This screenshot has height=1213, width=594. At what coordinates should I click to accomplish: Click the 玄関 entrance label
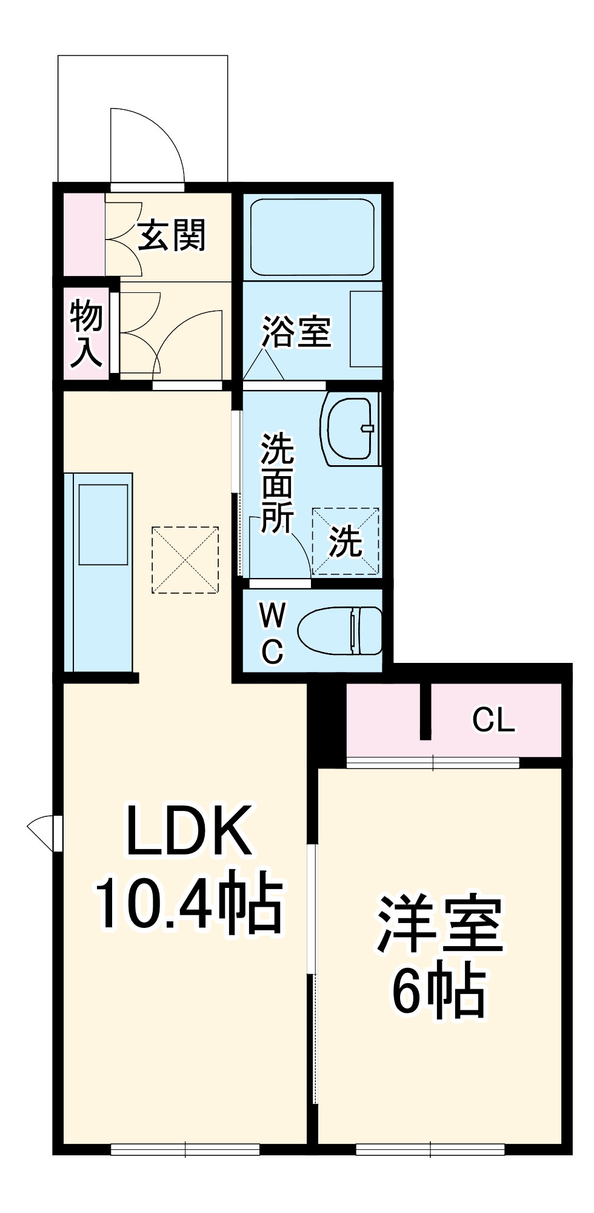[x=172, y=235]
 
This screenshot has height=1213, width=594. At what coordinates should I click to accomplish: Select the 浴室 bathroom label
[x=296, y=332]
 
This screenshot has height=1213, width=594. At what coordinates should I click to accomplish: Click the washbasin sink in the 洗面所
[x=350, y=429]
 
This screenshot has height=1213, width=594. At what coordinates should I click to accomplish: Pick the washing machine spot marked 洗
[x=345, y=541]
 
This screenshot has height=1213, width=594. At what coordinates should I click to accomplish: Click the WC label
[x=272, y=634]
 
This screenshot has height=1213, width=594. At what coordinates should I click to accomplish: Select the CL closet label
[x=493, y=720]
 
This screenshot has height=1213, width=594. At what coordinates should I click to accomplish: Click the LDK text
[x=188, y=830]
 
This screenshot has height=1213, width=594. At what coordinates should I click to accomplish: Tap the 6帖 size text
[x=439, y=993]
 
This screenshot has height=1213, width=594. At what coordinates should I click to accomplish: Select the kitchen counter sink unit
[x=99, y=572]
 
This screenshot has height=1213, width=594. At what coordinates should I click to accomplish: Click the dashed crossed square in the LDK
[x=185, y=560]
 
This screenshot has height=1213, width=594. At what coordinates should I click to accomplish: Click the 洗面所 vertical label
[x=277, y=483]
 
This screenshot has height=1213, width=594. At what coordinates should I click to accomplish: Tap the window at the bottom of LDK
[x=185, y=1148]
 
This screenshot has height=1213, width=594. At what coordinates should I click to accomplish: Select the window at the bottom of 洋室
[x=430, y=1148]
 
